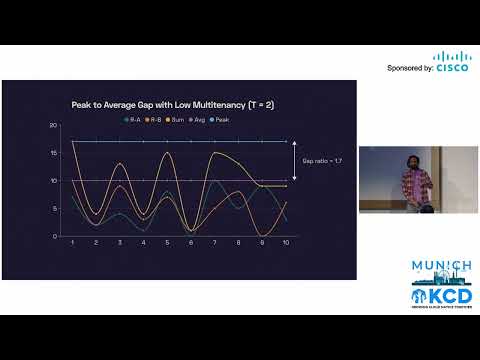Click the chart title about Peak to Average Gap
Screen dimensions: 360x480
[157, 103]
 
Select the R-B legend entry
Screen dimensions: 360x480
[154, 119]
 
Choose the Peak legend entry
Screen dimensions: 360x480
[220, 119]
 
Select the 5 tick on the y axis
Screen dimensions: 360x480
[53, 208]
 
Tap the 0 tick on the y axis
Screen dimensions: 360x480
[53, 236]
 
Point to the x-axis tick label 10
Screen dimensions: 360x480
[287, 244]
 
